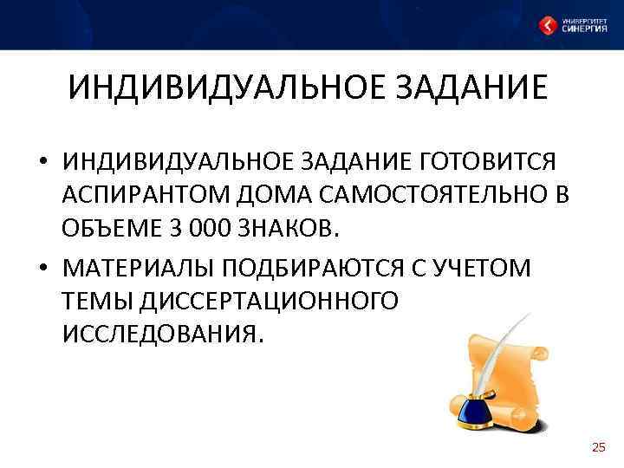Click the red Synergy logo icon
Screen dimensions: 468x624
(548, 26)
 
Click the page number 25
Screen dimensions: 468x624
(598, 447)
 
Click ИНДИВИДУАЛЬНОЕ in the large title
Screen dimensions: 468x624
(205, 88)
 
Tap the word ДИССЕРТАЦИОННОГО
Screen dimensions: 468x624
(230, 301)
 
